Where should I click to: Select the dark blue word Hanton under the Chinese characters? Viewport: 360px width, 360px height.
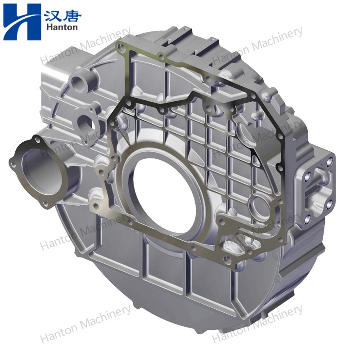pos(62,27)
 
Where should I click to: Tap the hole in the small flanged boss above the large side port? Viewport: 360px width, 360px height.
pos(85,121)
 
